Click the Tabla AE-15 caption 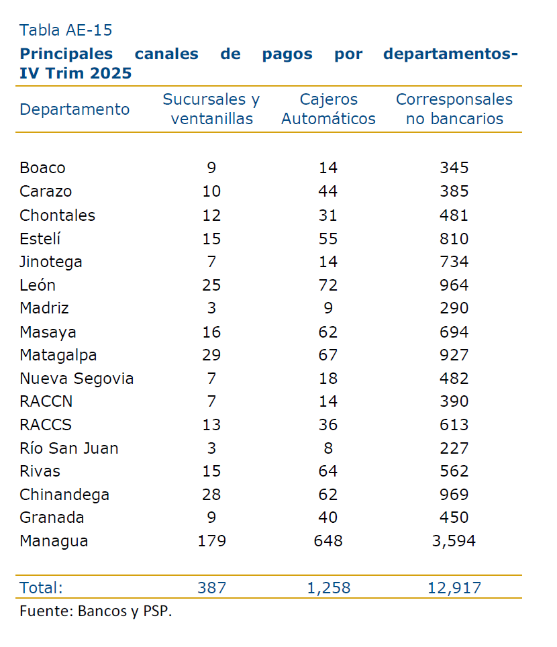(x=66, y=30)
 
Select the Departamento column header (x=74, y=109)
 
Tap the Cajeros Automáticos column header (x=328, y=109)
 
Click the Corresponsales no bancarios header (x=454, y=109)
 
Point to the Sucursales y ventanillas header (x=211, y=109)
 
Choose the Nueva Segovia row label (x=77, y=379)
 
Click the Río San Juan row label (x=69, y=448)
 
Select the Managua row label (x=54, y=541)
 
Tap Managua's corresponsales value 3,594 (x=454, y=541)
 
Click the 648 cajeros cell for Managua (x=328, y=541)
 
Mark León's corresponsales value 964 (x=454, y=285)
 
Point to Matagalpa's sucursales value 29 (x=211, y=355)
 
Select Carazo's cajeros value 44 (x=328, y=192)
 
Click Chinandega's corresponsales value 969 (x=454, y=495)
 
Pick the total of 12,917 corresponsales (x=454, y=588)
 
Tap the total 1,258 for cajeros (x=328, y=588)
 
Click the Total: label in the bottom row (x=41, y=588)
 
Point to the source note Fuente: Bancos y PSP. (x=96, y=611)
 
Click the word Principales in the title (x=66, y=54)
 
